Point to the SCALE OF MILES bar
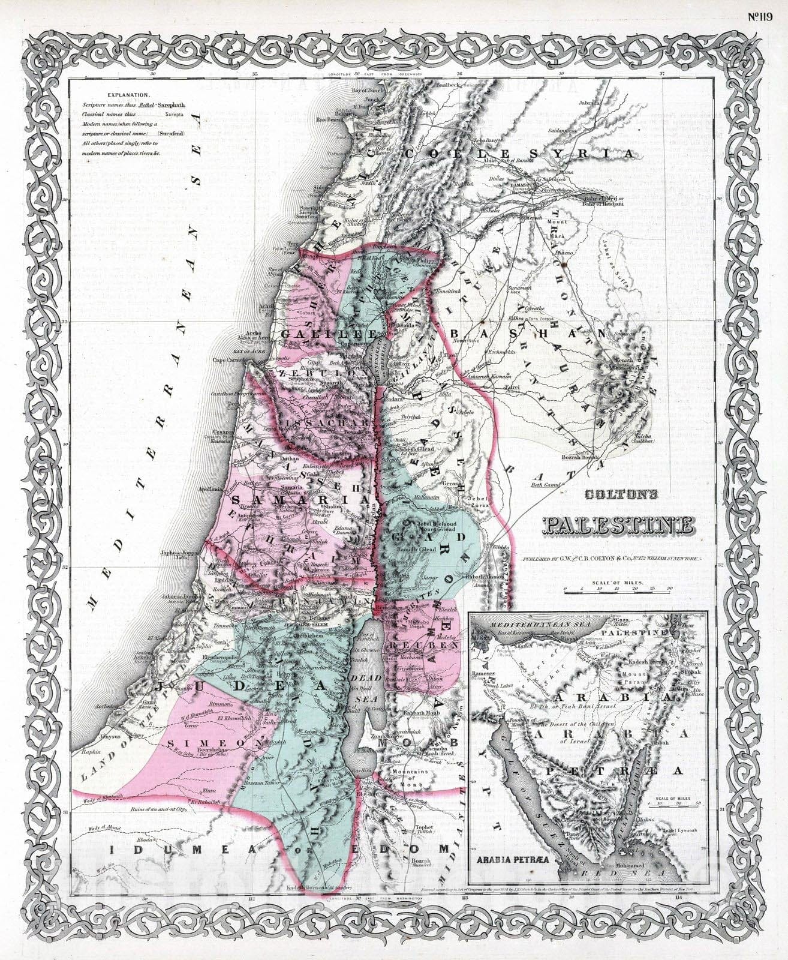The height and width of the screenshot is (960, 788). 618,590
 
